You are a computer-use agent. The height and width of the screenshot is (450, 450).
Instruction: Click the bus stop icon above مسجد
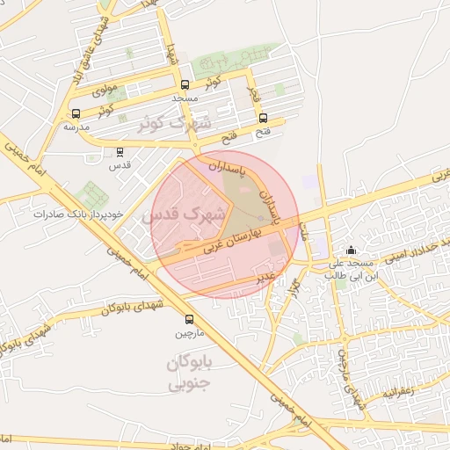click(185, 85)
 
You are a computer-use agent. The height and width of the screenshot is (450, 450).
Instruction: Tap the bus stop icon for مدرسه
click(76, 113)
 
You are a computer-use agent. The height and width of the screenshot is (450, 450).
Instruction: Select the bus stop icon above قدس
click(120, 151)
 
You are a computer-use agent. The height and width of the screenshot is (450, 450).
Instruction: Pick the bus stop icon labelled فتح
click(263, 119)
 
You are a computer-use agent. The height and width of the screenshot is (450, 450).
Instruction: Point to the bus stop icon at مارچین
click(190, 319)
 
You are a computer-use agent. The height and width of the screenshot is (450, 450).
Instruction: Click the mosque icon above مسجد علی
click(352, 250)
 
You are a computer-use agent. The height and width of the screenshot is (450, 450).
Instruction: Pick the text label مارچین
click(190, 333)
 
